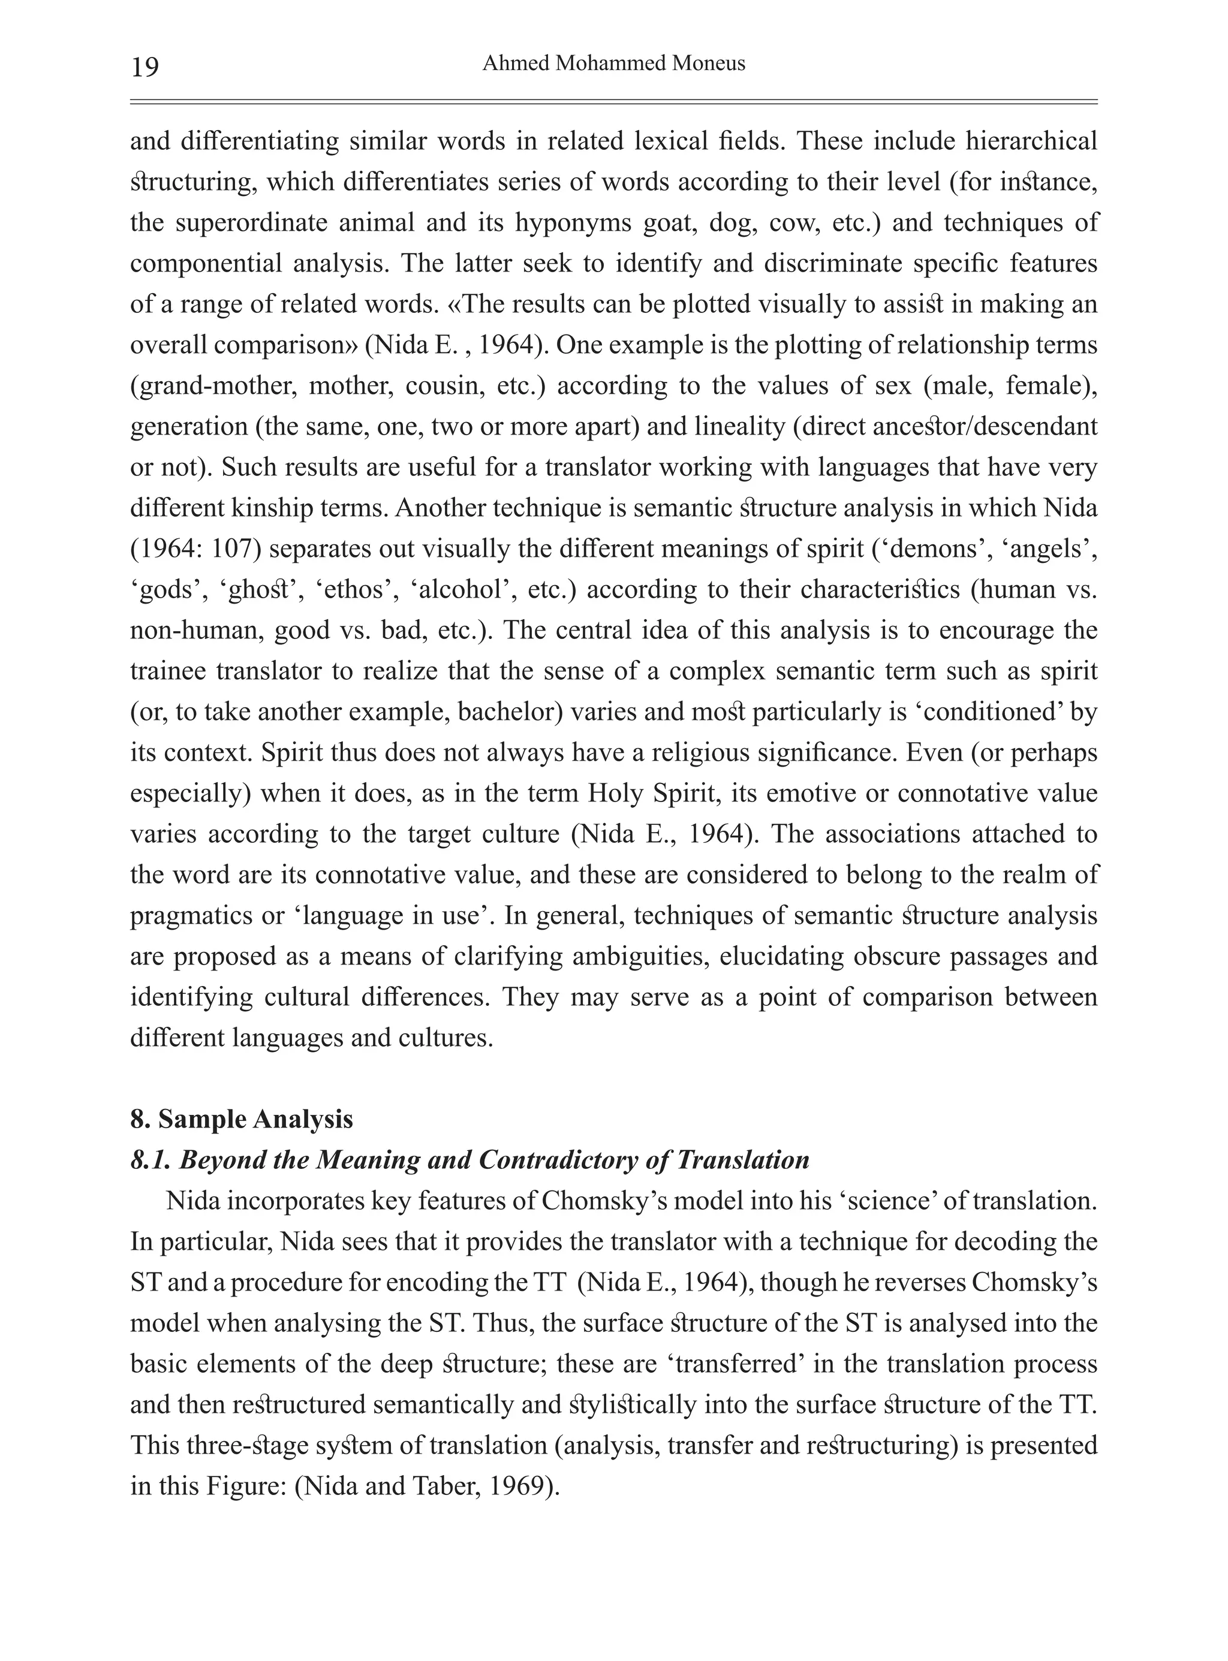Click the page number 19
(x=145, y=68)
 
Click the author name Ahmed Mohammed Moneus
(x=613, y=64)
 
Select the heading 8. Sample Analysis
(x=242, y=1119)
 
